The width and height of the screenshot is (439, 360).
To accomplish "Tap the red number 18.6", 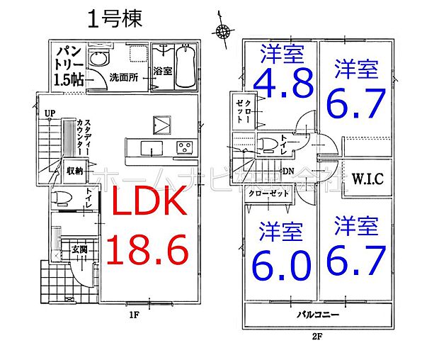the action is [147, 251].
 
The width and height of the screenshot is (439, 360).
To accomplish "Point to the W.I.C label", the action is [367, 179].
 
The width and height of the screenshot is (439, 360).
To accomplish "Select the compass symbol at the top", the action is [223, 30].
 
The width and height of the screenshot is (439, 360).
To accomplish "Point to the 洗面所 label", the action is [122, 77].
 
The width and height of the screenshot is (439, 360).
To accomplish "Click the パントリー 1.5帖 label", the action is [69, 65].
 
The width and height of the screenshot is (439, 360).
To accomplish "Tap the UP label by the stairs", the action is [50, 113].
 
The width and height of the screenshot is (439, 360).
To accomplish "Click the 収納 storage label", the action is [75, 170].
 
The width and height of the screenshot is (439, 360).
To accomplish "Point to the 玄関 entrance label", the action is [79, 249].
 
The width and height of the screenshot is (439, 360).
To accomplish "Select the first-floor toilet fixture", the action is [62, 197].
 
